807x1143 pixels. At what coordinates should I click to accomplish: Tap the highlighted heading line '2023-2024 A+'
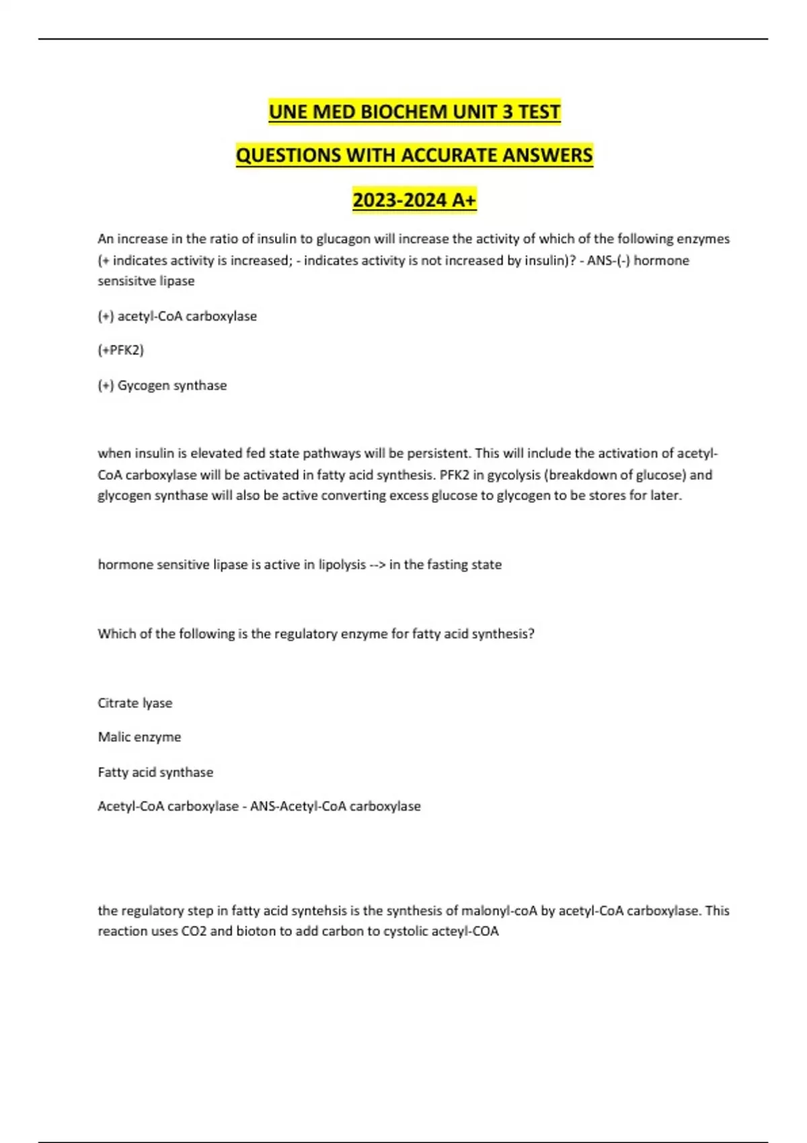(414, 200)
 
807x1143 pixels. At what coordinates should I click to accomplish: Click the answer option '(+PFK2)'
(121, 350)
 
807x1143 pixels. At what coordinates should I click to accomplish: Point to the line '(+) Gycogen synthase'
(162, 385)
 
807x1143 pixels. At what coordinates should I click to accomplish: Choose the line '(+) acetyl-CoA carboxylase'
(177, 316)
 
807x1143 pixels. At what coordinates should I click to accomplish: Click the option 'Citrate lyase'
(135, 703)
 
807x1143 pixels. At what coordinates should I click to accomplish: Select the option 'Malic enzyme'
(139, 737)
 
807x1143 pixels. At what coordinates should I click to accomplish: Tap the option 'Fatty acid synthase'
(155, 772)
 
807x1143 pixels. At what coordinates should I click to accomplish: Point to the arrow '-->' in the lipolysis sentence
(377, 565)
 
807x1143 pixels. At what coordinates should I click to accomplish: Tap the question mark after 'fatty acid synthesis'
(531, 633)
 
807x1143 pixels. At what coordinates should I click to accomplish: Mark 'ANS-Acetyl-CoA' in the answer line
(298, 806)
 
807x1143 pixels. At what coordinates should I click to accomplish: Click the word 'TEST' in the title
(538, 112)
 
